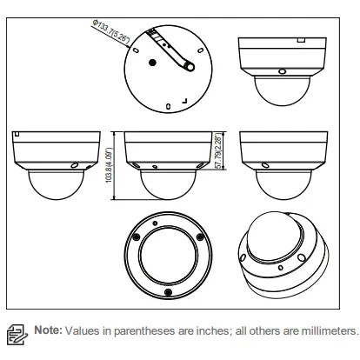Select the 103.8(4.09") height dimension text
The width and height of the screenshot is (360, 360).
click(x=109, y=165)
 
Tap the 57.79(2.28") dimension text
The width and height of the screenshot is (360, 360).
click(x=220, y=151)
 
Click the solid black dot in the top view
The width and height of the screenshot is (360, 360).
click(x=152, y=63)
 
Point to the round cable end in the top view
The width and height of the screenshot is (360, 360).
click(x=190, y=67)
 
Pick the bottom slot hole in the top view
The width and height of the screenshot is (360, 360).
click(x=168, y=106)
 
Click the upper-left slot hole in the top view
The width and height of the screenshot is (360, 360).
click(x=136, y=50)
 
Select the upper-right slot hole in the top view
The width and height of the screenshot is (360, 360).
click(x=200, y=50)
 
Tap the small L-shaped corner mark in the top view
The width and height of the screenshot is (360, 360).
click(x=184, y=101)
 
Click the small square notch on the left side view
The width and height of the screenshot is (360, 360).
click(x=17, y=134)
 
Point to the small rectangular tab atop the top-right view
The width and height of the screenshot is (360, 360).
click(x=302, y=40)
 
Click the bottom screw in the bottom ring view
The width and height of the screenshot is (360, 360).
click(x=168, y=291)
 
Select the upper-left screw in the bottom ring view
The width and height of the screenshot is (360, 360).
click(x=136, y=237)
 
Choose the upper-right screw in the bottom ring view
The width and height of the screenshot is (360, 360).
click(x=199, y=237)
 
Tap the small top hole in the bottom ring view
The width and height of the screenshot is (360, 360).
click(x=155, y=223)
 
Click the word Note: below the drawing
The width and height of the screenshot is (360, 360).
click(x=48, y=330)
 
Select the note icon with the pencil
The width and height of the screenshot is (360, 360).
click(x=17, y=335)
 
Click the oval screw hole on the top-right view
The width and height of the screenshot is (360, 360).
click(x=282, y=71)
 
